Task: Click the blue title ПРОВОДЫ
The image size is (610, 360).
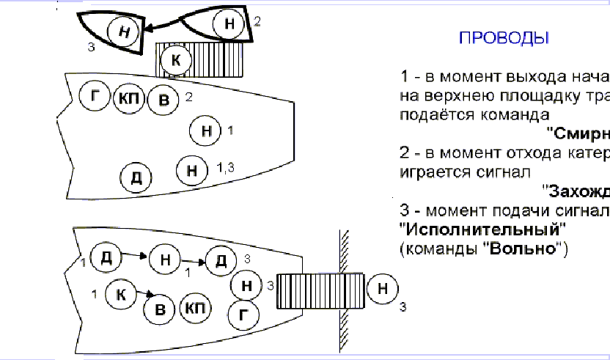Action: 504,37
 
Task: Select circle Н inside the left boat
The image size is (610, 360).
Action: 122,31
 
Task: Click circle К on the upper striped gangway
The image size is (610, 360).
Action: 174,60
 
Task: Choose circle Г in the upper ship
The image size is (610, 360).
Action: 95,98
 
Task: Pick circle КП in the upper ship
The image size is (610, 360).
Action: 129,99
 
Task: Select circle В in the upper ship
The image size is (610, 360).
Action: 163,100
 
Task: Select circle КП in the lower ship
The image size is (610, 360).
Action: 194,307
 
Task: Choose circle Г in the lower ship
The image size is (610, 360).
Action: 244,316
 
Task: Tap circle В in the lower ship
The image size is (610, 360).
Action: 159,309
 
